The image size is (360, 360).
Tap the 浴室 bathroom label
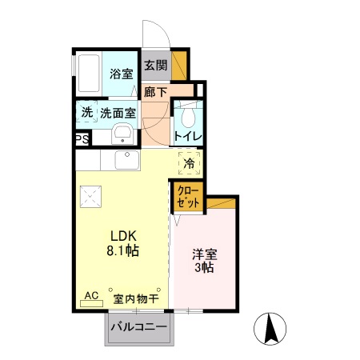coord(121,74)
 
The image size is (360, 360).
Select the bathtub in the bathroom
coord(88,73)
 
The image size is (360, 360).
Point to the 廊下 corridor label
coord(155,92)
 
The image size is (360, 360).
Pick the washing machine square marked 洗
coord(86,113)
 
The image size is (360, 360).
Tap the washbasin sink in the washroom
coord(122,134)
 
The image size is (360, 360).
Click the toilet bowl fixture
coord(189,118)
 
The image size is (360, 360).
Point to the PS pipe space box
coord(82,138)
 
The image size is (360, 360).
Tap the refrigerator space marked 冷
coord(190,164)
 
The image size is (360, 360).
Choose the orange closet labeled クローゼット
coord(189,197)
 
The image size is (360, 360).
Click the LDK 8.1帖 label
coord(124,243)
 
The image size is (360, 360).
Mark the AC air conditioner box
coord(91,296)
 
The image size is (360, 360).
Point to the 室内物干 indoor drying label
coord(135,299)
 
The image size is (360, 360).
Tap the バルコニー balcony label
coord(138,327)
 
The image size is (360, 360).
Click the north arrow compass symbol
coord(270,328)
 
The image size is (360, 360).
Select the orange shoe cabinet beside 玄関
coord(181,64)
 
